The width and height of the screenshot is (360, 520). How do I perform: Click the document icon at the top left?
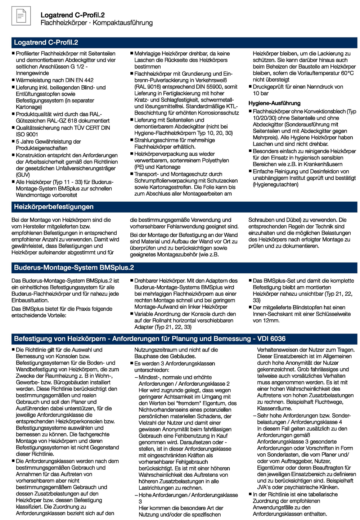coord(21,16)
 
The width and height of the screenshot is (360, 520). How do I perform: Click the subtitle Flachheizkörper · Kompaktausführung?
coord(96,23)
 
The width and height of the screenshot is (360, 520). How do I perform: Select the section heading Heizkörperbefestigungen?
coord(54,207)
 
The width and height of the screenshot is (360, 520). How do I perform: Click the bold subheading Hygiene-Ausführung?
coord(274,103)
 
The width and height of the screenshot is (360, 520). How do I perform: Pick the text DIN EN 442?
coord(78,80)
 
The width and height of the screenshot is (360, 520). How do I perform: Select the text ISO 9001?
coord(27,134)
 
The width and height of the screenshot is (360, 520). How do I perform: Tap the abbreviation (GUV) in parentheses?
coord(23,175)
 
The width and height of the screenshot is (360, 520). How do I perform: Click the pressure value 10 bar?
coord(261,93)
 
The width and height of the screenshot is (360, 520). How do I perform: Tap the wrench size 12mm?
coord(271,320)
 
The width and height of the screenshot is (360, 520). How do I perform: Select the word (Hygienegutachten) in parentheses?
coord(275,185)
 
